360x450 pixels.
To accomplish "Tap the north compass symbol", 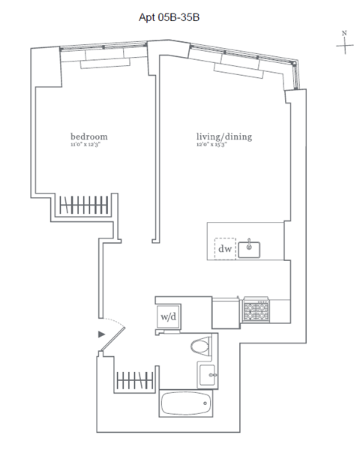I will (344, 43).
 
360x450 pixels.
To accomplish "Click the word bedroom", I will (89, 136).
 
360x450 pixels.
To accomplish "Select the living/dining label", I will (223, 136).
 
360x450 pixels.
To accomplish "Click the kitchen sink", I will (249, 249).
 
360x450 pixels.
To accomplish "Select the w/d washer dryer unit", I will (168, 316).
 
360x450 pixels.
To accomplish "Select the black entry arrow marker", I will (101, 334).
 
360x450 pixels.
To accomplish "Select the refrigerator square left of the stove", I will (226, 309).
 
